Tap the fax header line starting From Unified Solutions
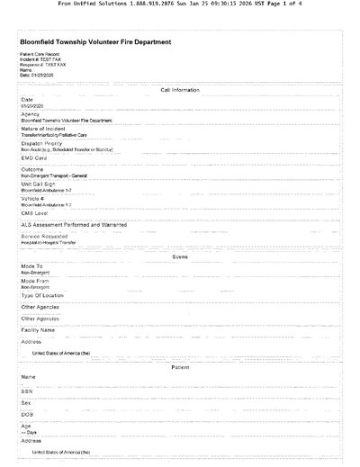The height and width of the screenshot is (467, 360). tap(180, 4)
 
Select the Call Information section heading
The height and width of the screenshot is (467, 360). tap(180, 90)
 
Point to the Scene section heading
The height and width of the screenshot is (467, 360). tap(180, 257)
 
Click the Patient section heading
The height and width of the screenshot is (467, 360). tap(180, 367)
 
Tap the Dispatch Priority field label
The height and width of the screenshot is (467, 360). tap(42, 143)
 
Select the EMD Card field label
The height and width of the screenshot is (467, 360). tap(34, 157)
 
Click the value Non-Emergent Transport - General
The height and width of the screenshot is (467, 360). tap(59, 176)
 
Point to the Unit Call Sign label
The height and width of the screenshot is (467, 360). tap(40, 184)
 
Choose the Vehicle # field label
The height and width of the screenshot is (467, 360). tap(35, 199)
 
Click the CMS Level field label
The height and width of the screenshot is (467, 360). tap(35, 213)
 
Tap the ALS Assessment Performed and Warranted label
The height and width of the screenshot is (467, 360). tap(74, 225)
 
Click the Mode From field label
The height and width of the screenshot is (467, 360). tap(36, 281)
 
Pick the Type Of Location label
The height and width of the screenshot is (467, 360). tap(42, 295)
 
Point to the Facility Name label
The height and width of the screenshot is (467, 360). tap(38, 329)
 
